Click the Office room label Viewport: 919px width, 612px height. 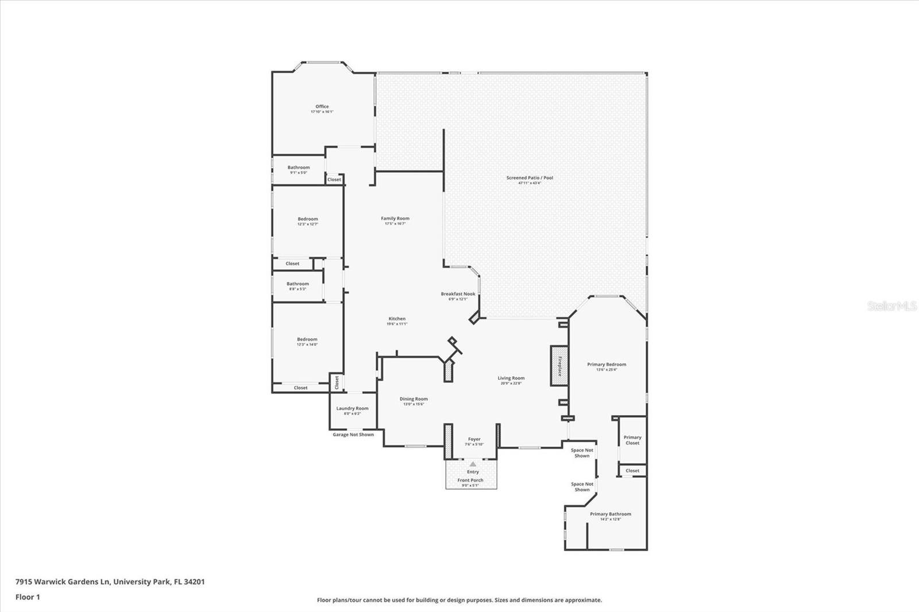322,106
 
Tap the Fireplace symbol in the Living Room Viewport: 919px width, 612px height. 559,366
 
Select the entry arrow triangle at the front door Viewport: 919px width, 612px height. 473,464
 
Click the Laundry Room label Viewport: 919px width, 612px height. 353,408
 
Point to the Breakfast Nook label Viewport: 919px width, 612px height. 458,293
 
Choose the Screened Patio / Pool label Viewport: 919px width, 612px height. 530,177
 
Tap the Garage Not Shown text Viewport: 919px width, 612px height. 353,435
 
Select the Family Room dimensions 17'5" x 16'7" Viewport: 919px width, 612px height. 395,223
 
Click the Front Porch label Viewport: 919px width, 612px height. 470,480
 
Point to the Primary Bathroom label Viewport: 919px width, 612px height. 610,514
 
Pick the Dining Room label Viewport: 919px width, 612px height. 414,399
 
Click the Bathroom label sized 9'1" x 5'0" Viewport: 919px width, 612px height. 299,168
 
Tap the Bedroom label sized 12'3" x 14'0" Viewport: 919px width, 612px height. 307,339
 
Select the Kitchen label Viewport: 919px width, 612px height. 397,319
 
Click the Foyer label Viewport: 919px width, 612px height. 474,439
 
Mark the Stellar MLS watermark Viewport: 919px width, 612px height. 892,307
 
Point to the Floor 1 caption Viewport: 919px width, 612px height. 28,597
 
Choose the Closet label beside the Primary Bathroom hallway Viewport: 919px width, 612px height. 632,471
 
